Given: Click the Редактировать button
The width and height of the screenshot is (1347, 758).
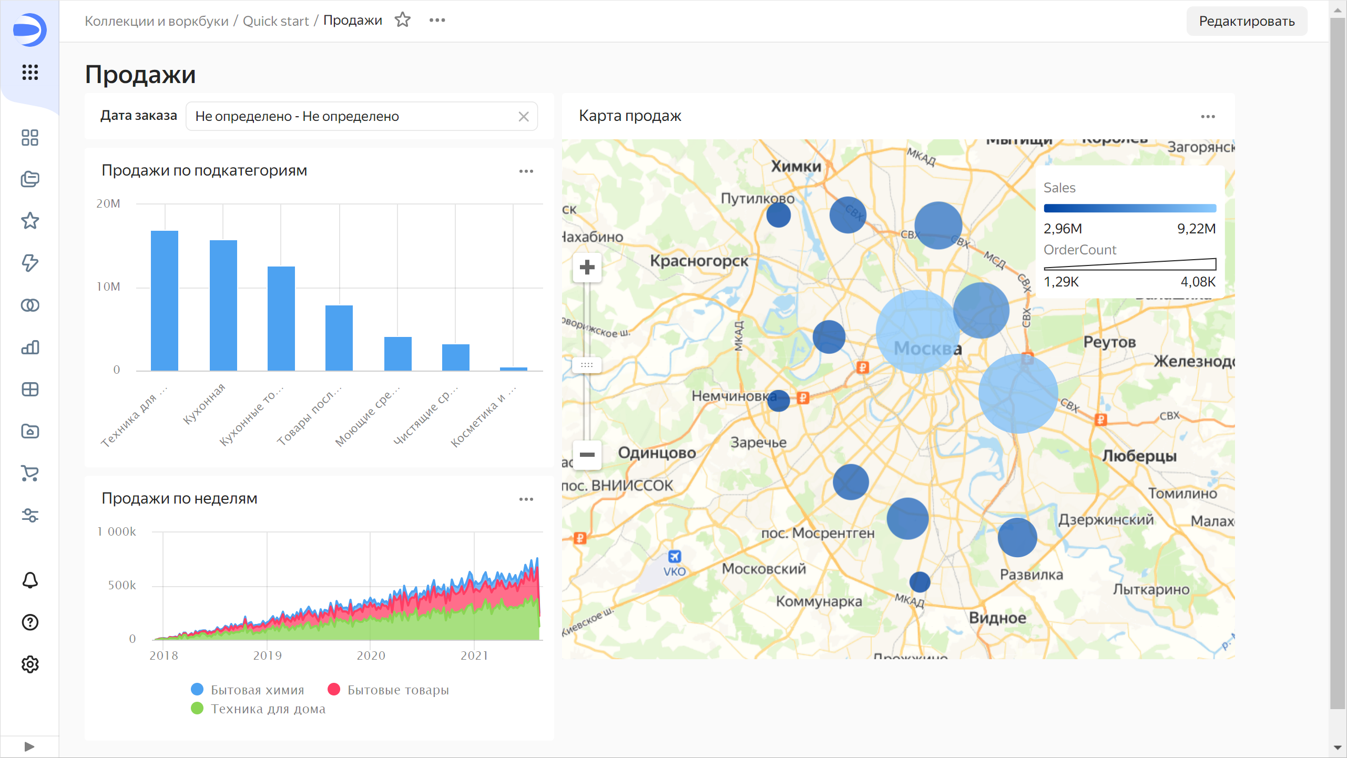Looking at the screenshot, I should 1246,21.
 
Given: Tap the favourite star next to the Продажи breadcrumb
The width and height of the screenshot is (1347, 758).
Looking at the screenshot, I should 403,20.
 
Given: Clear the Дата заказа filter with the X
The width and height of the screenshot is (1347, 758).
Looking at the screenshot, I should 523,116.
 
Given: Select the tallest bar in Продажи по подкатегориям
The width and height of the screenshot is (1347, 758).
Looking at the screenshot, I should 165,300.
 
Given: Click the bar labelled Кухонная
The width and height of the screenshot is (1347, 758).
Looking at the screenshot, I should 223,305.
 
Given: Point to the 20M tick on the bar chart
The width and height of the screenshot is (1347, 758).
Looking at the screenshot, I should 108,203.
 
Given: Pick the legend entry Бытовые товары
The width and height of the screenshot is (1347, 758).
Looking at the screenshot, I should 389,690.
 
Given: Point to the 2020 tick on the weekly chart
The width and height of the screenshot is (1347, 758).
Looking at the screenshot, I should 371,655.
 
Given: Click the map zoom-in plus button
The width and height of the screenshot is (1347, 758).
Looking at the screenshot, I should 587,268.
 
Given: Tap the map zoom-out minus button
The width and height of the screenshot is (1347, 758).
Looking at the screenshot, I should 587,454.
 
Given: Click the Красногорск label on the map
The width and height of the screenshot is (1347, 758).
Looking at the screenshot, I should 699,261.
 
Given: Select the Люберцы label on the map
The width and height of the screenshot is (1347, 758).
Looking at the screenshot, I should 1139,456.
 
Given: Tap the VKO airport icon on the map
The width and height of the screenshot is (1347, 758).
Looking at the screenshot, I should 674,556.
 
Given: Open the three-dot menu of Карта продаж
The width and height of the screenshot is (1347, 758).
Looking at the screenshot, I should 1208,117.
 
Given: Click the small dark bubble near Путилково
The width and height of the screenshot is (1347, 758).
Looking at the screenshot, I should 778,215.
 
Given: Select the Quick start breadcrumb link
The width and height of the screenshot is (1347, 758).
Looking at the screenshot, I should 275,21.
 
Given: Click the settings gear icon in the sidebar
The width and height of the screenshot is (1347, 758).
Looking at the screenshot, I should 30,664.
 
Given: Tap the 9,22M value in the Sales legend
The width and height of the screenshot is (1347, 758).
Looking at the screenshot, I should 1196,229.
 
